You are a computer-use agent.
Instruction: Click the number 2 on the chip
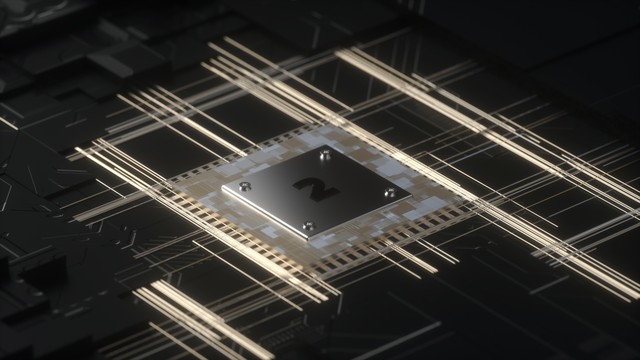tap(316, 189)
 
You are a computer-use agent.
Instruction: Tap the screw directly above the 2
tap(325, 155)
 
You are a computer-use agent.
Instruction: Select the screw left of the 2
tap(245, 186)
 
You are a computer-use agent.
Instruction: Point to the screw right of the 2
tap(391, 192)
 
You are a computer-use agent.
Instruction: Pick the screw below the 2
tap(309, 226)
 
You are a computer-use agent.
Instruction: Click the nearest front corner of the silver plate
tap(309, 238)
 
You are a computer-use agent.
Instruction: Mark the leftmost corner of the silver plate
tap(222, 189)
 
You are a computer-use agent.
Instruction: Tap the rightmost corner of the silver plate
tap(411, 197)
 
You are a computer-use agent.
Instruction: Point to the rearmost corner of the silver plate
tap(327, 144)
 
